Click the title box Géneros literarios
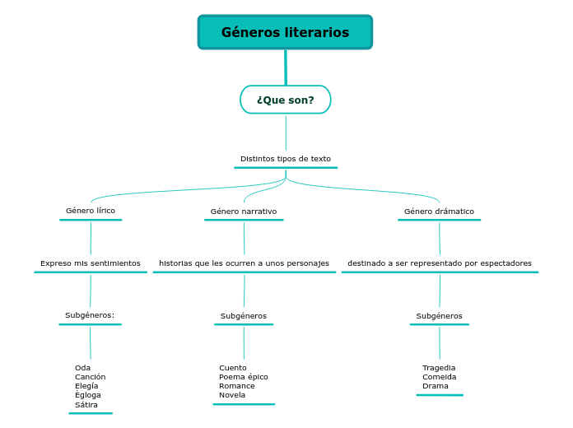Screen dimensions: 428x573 point(285,32)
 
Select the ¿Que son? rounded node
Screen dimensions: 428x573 point(286,100)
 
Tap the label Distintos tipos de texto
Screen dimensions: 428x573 point(286,159)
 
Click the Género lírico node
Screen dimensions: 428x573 point(91,211)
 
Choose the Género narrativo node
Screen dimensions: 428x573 point(244,212)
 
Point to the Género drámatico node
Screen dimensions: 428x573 point(439,212)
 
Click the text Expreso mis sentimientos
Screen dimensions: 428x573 point(91,263)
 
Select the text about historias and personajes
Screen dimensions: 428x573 point(244,263)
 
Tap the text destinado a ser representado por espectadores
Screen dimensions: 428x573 point(440,263)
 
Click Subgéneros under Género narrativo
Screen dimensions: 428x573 point(244,316)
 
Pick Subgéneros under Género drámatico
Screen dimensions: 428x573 point(439,316)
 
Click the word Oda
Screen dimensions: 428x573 point(82,368)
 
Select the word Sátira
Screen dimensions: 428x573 point(86,405)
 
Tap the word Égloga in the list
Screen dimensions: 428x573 point(88,395)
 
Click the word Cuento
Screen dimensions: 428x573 point(233,368)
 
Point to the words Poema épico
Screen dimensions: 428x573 point(244,377)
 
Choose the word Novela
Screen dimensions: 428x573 point(232,395)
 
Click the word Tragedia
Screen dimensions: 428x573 point(439,368)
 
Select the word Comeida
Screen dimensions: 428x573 point(439,377)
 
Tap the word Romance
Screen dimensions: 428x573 point(237,386)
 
